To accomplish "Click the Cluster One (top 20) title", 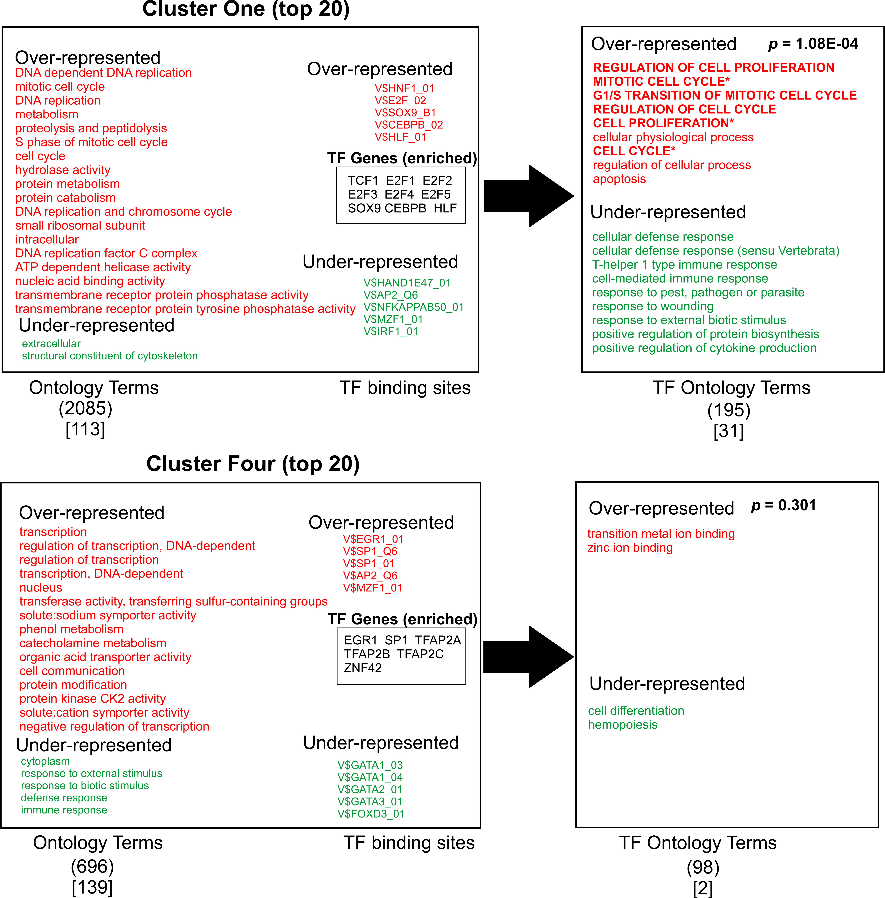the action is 246,9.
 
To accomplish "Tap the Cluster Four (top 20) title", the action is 253,464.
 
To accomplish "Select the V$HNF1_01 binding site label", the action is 404,88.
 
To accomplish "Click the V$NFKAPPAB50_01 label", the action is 414,307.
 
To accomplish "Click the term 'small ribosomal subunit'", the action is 80,225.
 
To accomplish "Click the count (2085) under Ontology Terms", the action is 86,409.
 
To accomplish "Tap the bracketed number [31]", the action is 728,431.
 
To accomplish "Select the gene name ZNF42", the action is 363,668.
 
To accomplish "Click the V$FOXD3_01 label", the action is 371,814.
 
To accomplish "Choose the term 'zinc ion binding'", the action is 630,548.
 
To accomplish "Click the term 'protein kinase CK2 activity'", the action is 93,699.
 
